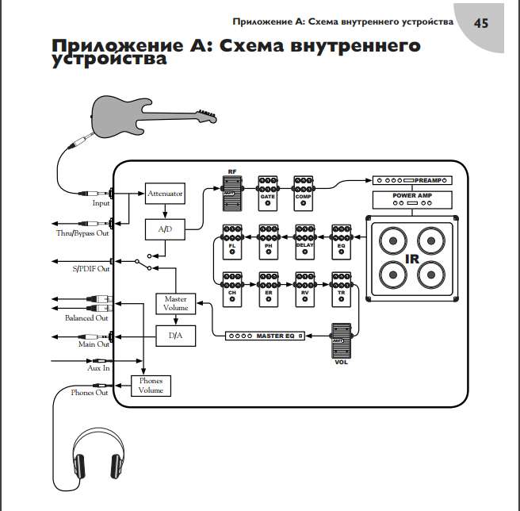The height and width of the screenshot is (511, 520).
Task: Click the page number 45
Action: click(480, 22)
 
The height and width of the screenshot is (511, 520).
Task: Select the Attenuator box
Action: click(164, 193)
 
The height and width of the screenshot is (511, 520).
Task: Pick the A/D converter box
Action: click(164, 229)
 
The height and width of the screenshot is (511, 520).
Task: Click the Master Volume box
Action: click(175, 304)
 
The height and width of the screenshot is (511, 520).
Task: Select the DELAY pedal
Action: click(305, 241)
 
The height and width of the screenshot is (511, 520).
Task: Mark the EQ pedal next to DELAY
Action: click(342, 241)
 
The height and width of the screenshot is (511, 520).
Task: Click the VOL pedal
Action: click(340, 342)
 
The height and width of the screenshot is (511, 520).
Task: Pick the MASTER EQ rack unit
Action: click(265, 336)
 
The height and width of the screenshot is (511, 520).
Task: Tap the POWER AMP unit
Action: click(411, 199)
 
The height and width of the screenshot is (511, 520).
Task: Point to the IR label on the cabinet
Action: click(411, 259)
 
